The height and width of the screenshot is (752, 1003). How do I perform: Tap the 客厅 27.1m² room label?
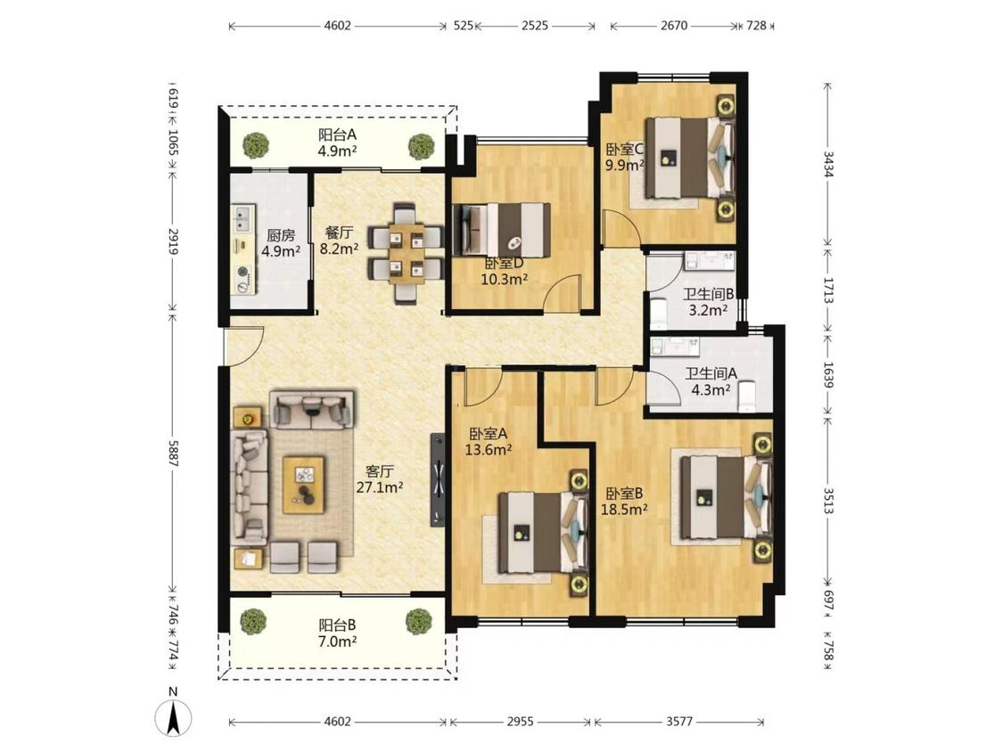click(379, 479)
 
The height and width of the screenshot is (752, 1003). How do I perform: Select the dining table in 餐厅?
click(407, 252)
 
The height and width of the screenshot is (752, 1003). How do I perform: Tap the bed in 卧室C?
click(688, 158)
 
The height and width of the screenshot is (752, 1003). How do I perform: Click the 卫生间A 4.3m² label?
click(711, 381)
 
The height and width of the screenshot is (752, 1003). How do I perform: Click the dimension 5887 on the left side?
click(171, 453)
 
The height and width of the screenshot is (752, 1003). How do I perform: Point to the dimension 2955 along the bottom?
click(520, 722)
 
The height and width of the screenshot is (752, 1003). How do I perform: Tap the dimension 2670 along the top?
click(674, 26)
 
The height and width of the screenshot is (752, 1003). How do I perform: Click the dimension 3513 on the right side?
click(828, 501)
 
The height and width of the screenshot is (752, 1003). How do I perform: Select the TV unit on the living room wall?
click(438, 479)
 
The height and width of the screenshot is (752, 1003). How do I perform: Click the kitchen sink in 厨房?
click(243, 218)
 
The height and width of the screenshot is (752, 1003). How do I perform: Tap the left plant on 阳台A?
click(256, 145)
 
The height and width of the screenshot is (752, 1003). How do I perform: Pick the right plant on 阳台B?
click(419, 621)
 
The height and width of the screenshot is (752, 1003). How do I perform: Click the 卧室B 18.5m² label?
click(624, 502)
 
